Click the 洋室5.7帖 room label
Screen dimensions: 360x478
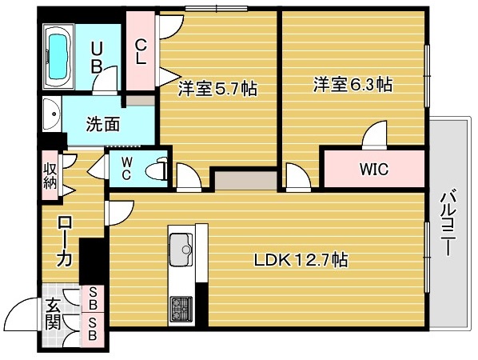tap(217, 89)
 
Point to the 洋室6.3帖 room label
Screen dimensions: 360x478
tap(352, 83)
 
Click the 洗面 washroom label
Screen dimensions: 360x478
tap(103, 124)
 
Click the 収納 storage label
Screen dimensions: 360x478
tap(49, 174)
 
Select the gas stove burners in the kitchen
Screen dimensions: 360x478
tap(180, 306)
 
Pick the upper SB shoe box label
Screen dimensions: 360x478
tap(94, 298)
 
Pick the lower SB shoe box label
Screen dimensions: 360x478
tap(94, 328)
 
